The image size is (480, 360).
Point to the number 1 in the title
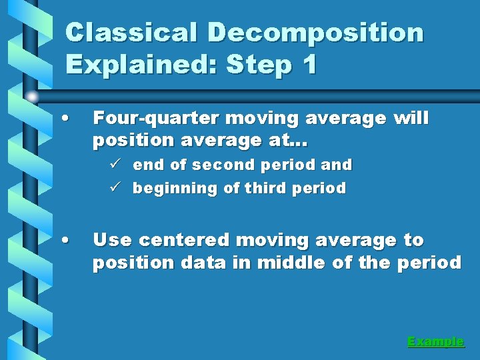(x=308, y=65)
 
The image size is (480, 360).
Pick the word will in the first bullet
(x=411, y=119)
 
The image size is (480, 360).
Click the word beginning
(x=175, y=189)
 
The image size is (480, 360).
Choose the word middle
(x=288, y=263)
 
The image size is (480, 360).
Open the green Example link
(x=435, y=341)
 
